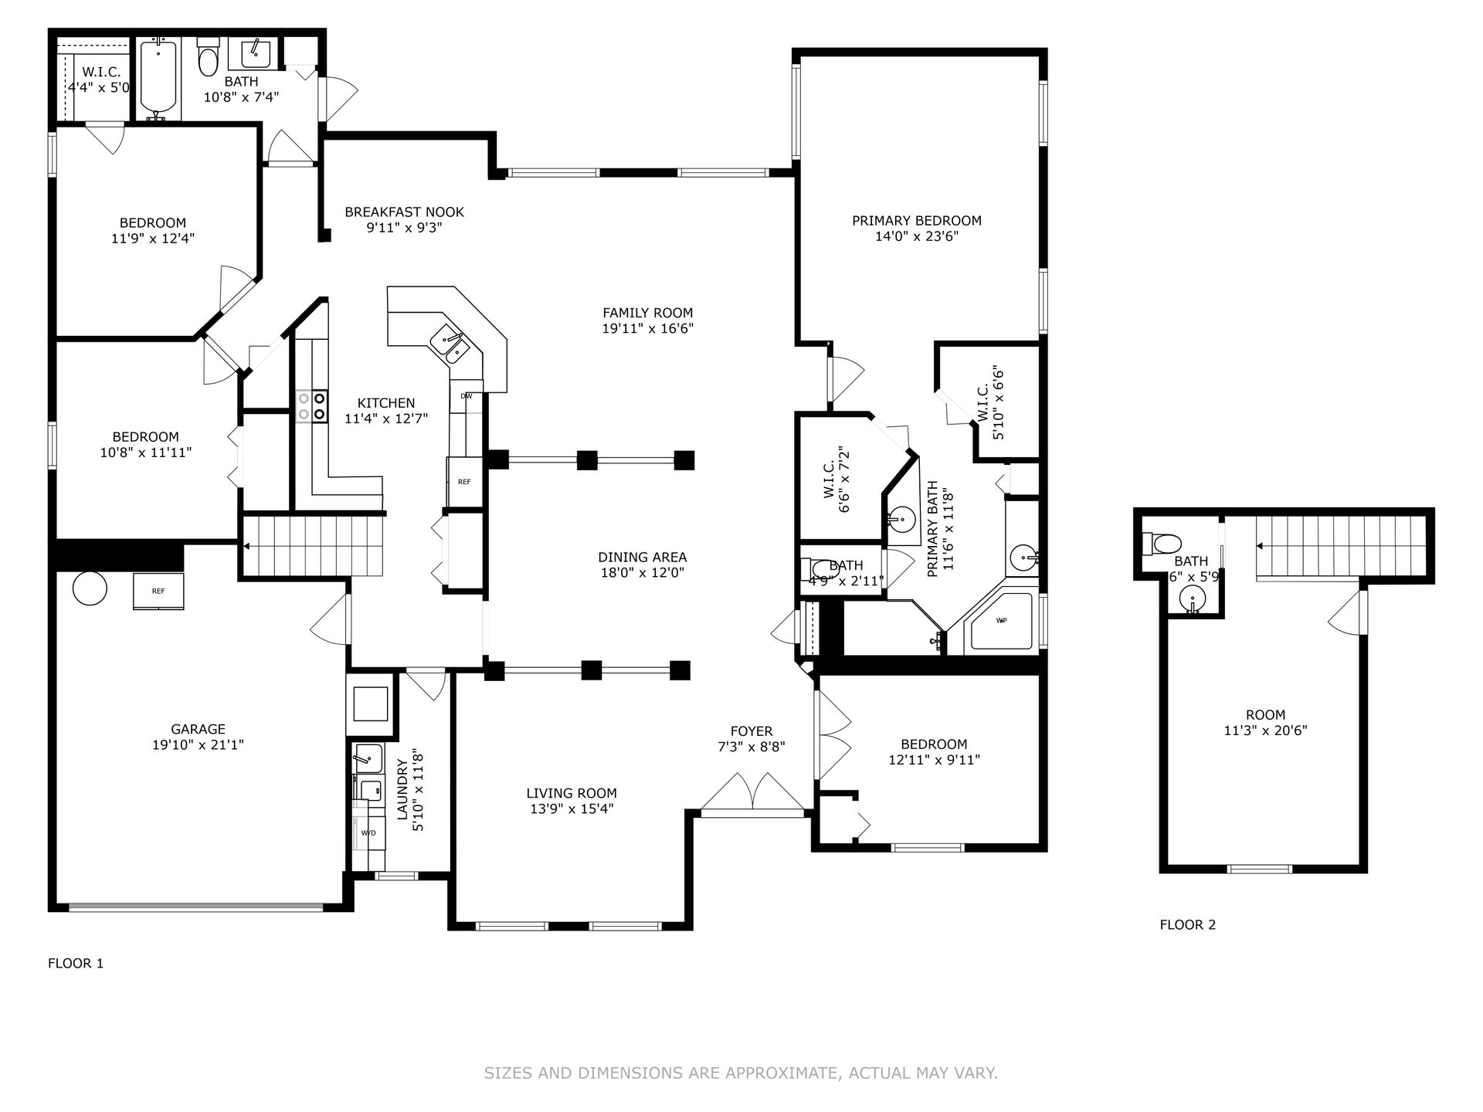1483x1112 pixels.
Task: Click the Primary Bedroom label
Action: [916, 221]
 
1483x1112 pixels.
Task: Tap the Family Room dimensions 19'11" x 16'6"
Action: [647, 329]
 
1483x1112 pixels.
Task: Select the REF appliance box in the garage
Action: [158, 592]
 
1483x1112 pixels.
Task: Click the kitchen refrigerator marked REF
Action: [464, 482]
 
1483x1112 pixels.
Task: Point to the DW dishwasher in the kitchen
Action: [467, 396]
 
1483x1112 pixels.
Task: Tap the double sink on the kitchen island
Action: [450, 344]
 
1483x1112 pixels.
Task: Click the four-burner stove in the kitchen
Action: [312, 406]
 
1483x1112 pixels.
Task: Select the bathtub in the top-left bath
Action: [158, 80]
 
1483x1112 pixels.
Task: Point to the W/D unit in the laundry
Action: [368, 832]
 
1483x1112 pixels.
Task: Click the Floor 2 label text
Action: [1188, 925]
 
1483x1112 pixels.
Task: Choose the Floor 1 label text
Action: [76, 964]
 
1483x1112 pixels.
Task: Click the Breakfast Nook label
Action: [404, 212]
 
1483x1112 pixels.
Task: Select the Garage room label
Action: [199, 729]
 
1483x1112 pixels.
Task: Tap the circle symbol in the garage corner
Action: [90, 588]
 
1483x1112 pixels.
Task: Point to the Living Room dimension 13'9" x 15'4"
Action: [572, 809]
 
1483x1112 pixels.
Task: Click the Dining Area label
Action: [643, 558]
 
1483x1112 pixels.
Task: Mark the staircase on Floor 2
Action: [1340, 547]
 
